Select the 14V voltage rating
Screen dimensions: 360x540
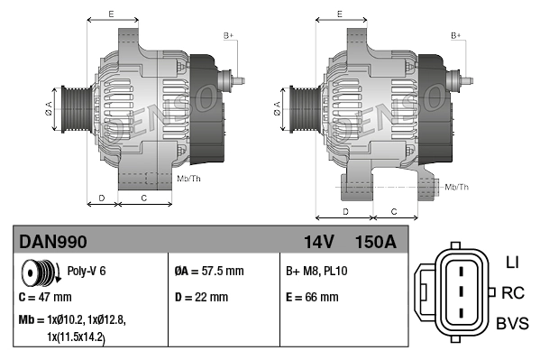tap(315, 242)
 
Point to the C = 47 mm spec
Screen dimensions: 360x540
tap(45, 297)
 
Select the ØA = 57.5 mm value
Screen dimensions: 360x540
tap(208, 271)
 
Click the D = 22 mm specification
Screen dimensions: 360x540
tap(200, 297)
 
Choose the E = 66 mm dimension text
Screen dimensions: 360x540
tap(312, 297)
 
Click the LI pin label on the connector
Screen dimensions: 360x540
tap(511, 263)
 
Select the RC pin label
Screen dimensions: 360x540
tap(512, 292)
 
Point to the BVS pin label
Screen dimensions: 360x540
tap(511, 323)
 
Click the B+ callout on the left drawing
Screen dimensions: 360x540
tap(228, 34)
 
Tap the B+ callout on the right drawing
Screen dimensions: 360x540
tap(456, 34)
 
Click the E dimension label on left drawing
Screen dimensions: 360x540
tap(111, 14)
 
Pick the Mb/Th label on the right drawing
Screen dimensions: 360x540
tap(457, 187)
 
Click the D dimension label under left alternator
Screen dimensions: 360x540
tap(102, 197)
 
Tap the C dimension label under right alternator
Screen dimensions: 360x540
tap(393, 211)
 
